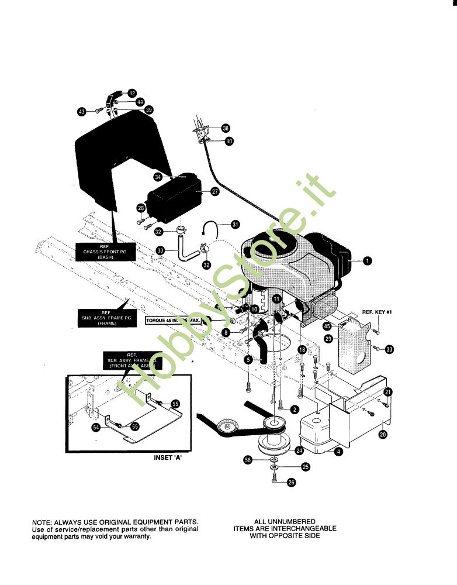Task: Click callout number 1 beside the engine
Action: click(368, 261)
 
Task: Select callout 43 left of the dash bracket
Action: click(82, 111)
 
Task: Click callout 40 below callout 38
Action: click(228, 141)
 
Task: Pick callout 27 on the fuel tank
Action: click(214, 191)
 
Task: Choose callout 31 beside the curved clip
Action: click(235, 224)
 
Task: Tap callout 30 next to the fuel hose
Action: click(161, 250)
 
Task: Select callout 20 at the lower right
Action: click(383, 434)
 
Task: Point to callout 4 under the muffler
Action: click(338, 451)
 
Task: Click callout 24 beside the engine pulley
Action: click(299, 450)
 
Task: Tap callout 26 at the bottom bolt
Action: click(292, 483)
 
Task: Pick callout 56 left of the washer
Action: click(248, 460)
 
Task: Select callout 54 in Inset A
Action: click(96, 428)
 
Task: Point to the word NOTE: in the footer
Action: click(43, 521)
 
